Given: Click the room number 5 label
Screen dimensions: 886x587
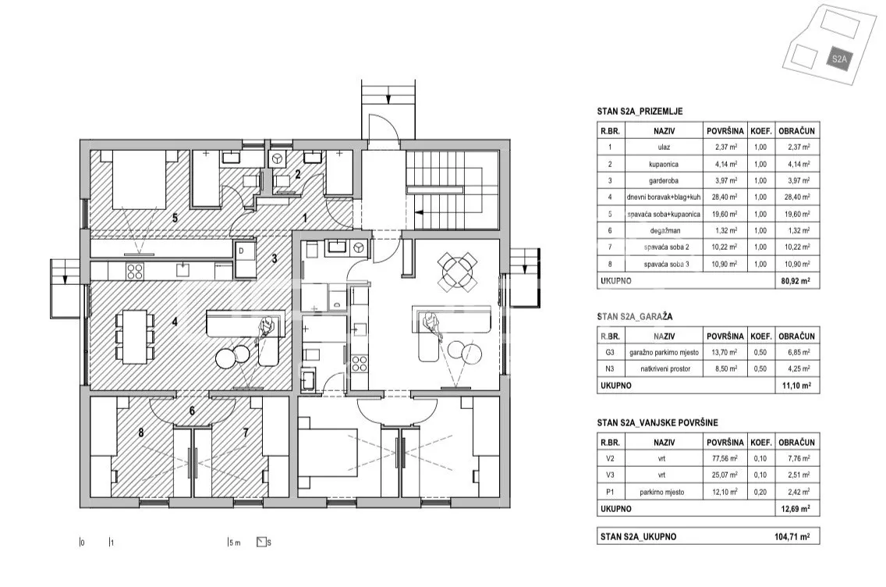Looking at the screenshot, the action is (x=175, y=218).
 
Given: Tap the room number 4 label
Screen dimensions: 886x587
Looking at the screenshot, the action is (x=175, y=321).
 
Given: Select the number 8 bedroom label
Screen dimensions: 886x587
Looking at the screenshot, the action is (x=140, y=432).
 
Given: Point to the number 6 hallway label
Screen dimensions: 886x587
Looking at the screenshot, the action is (x=192, y=411).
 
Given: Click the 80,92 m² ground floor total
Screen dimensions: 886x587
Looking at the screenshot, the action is (x=796, y=280).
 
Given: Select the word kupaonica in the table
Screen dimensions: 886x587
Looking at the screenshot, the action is (x=664, y=164).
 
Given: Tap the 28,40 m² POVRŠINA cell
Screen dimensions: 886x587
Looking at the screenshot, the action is (x=725, y=197).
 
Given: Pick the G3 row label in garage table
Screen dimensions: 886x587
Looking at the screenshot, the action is (x=610, y=352).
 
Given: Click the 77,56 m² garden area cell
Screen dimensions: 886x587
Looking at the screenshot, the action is (x=725, y=459).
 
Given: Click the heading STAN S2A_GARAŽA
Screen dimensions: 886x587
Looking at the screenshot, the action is (x=635, y=317).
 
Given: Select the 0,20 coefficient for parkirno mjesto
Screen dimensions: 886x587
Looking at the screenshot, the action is (x=760, y=492).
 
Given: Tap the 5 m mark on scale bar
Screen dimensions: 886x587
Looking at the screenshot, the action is (x=235, y=543).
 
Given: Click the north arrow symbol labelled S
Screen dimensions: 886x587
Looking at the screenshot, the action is (x=261, y=542).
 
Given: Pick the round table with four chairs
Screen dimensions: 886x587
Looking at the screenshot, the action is (x=458, y=270).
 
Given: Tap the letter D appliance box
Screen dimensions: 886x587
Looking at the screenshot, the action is (x=241, y=251).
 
